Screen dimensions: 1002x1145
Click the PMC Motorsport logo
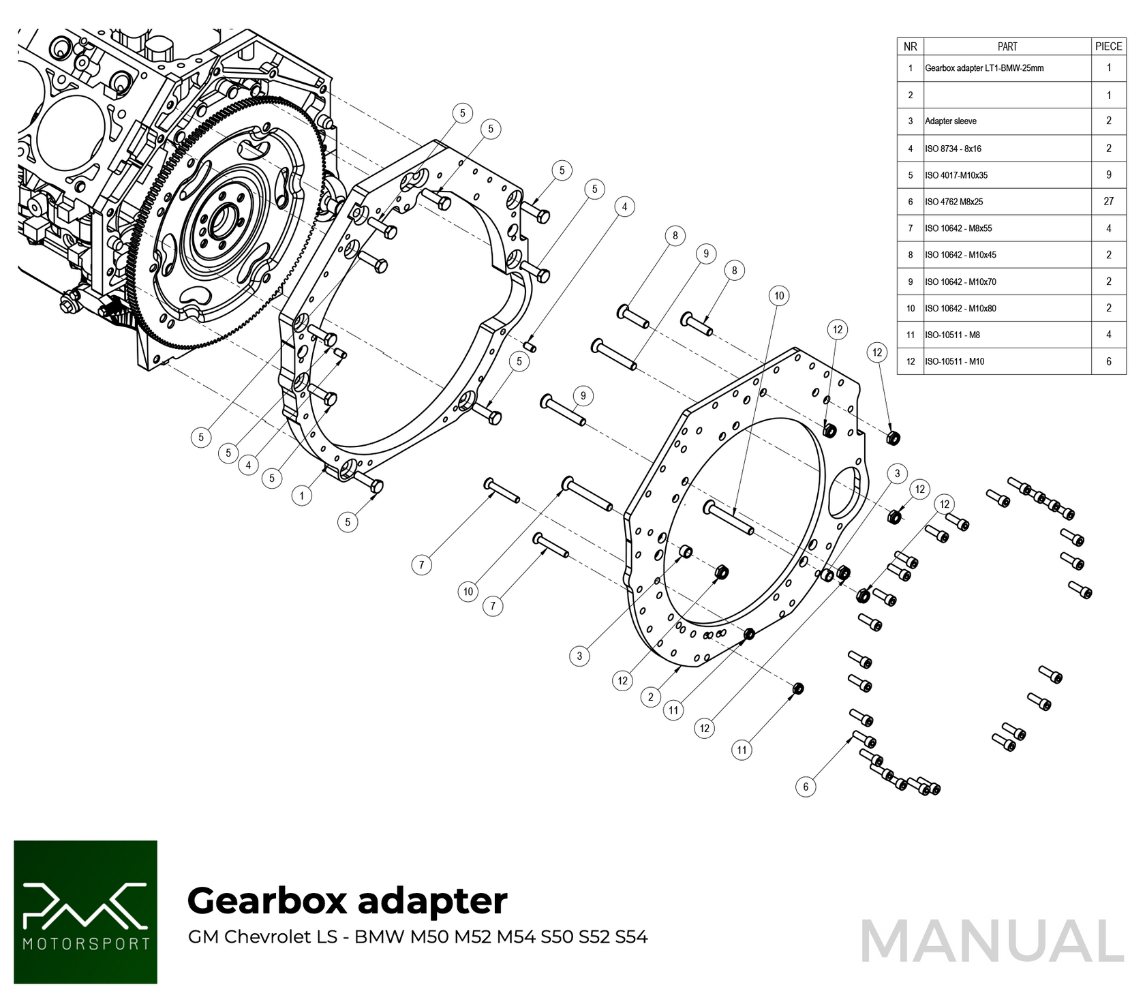point(85,911)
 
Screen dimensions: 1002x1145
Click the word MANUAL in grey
point(992,941)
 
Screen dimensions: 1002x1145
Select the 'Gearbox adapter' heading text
point(347,900)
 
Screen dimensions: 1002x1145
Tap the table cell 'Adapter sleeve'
point(951,121)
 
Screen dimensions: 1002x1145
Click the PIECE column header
point(1108,46)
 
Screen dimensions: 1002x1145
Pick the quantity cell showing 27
point(1108,201)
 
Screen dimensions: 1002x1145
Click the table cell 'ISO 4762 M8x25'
point(953,202)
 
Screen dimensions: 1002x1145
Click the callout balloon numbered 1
point(302,496)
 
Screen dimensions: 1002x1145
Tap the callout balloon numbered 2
point(651,697)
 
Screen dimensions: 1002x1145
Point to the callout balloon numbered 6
point(806,787)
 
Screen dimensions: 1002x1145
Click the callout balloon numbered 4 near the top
point(624,207)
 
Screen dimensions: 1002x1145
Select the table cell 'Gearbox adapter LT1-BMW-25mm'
point(984,68)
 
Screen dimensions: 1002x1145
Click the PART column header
point(1007,46)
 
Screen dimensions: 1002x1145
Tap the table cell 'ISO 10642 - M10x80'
point(960,308)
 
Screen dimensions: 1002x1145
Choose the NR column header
point(910,46)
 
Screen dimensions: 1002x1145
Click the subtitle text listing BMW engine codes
point(417,937)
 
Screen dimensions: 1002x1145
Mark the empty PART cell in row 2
point(1007,95)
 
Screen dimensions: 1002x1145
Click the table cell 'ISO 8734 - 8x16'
point(953,149)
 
